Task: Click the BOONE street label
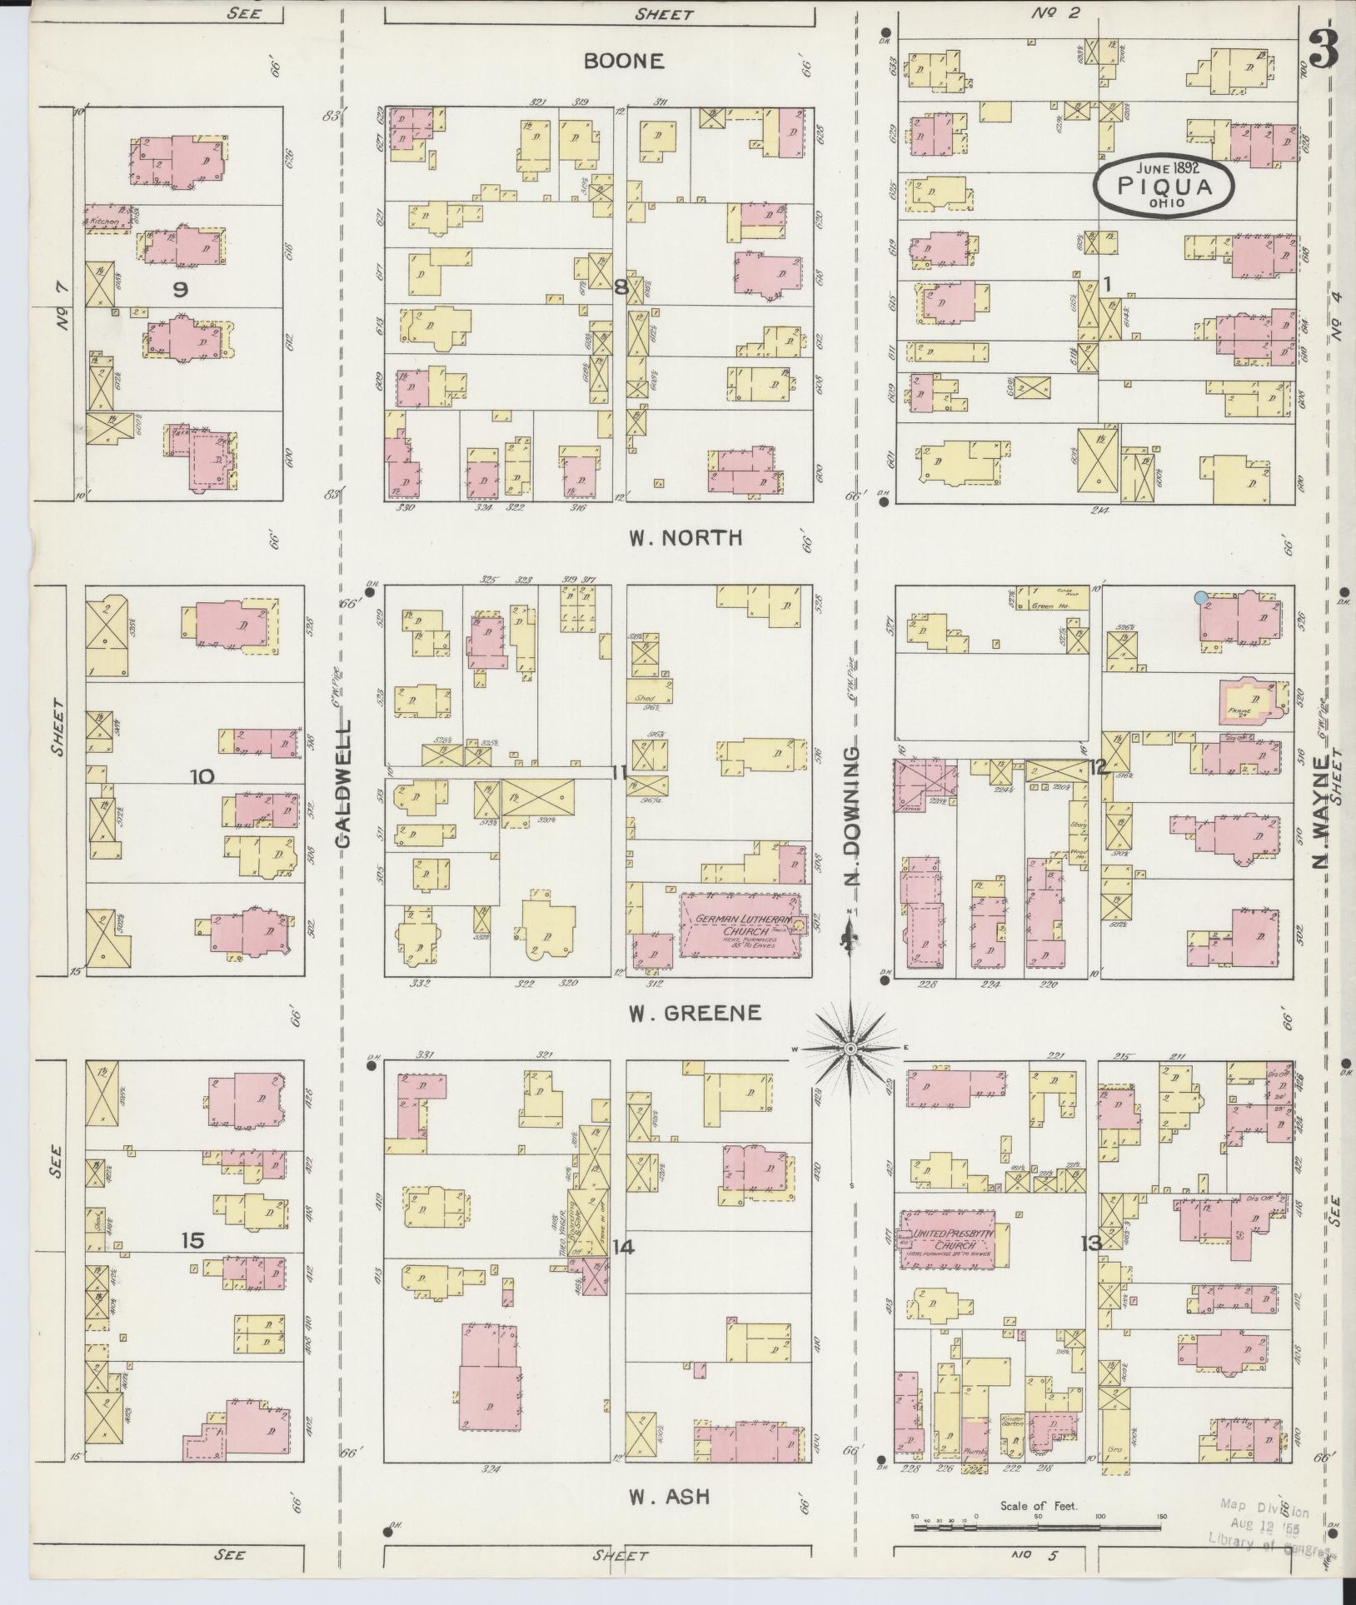click(x=635, y=61)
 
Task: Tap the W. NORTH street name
click(x=685, y=538)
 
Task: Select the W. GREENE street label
click(x=695, y=1013)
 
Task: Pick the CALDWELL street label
click(x=345, y=784)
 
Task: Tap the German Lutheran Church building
click(x=740, y=925)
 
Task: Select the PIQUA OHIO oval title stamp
click(x=1164, y=186)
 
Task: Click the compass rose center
click(x=850, y=1048)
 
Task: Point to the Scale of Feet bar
click(x=1038, y=1528)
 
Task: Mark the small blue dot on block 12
click(x=1200, y=597)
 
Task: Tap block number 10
click(x=202, y=776)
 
